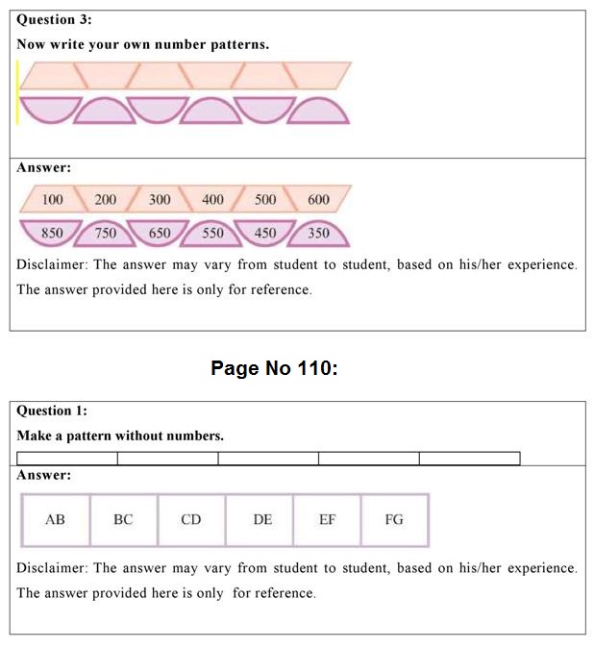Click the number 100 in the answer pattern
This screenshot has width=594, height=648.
(53, 200)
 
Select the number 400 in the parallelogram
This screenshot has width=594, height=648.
(212, 200)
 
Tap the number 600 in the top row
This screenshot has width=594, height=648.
(318, 200)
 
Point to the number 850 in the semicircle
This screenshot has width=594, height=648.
(53, 233)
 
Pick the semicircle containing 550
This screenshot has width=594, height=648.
(212, 234)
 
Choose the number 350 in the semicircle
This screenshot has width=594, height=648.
(318, 234)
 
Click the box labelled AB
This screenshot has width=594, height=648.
(56, 520)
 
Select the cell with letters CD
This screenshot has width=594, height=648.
(191, 520)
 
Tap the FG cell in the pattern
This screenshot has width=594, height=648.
(394, 520)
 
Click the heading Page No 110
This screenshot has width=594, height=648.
(274, 369)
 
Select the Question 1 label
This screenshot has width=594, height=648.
(52, 411)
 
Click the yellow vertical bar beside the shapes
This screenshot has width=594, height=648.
(17, 92)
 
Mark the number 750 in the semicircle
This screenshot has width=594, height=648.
(106, 234)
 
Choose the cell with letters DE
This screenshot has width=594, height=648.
(262, 520)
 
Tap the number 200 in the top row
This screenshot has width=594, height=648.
(106, 200)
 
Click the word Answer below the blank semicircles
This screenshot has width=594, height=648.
(43, 167)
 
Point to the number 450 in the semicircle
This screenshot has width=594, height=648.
(265, 234)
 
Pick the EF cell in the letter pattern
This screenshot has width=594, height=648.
(328, 520)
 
